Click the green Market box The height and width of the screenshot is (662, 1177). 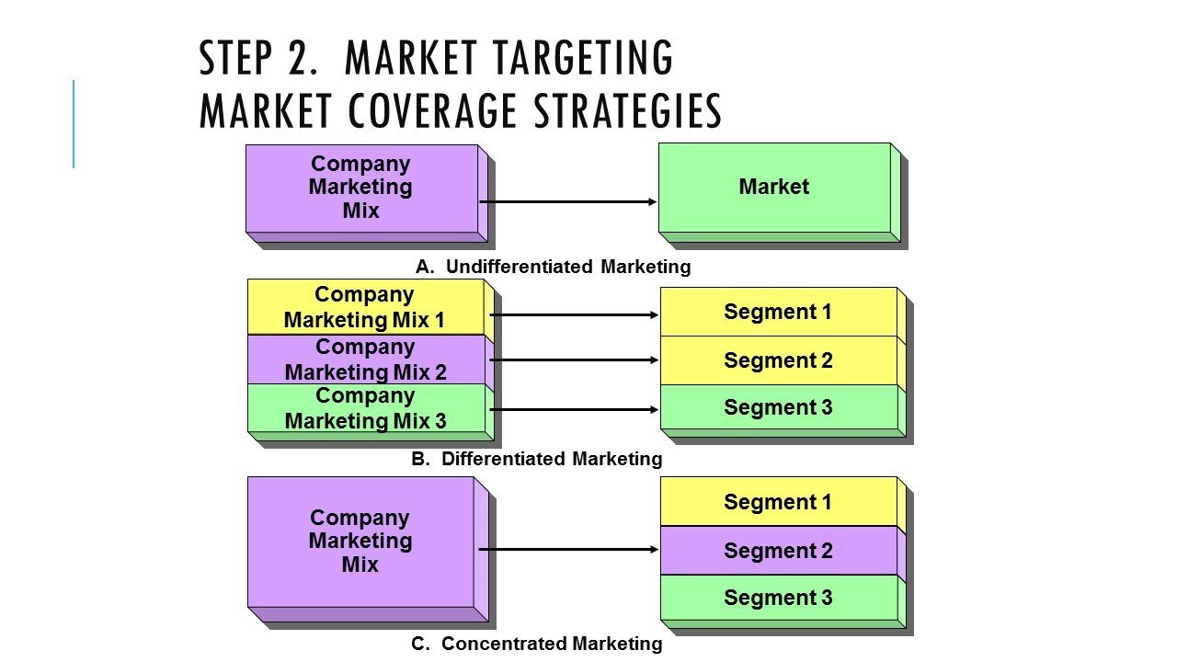[774, 188]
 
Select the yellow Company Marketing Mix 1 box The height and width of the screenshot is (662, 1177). [365, 307]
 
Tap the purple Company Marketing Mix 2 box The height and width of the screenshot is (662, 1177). [365, 360]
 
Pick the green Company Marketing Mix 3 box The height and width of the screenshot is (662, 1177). [365, 408]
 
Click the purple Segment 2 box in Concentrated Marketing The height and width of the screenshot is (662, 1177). [778, 551]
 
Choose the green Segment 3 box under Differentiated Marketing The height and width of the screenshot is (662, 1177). [778, 407]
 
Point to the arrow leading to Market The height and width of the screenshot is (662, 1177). [568, 201]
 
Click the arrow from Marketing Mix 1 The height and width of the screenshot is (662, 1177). [575, 314]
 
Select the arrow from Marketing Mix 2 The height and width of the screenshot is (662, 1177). [575, 360]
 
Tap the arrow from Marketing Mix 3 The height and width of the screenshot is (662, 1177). [575, 409]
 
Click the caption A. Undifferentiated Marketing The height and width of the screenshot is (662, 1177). [553, 268]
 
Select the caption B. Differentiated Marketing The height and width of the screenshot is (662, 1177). [536, 459]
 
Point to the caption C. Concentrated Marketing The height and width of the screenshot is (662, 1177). [536, 644]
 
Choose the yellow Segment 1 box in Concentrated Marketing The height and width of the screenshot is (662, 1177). [778, 502]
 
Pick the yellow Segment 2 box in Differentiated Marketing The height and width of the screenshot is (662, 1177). [778, 360]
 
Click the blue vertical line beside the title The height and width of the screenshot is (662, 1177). [74, 124]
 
